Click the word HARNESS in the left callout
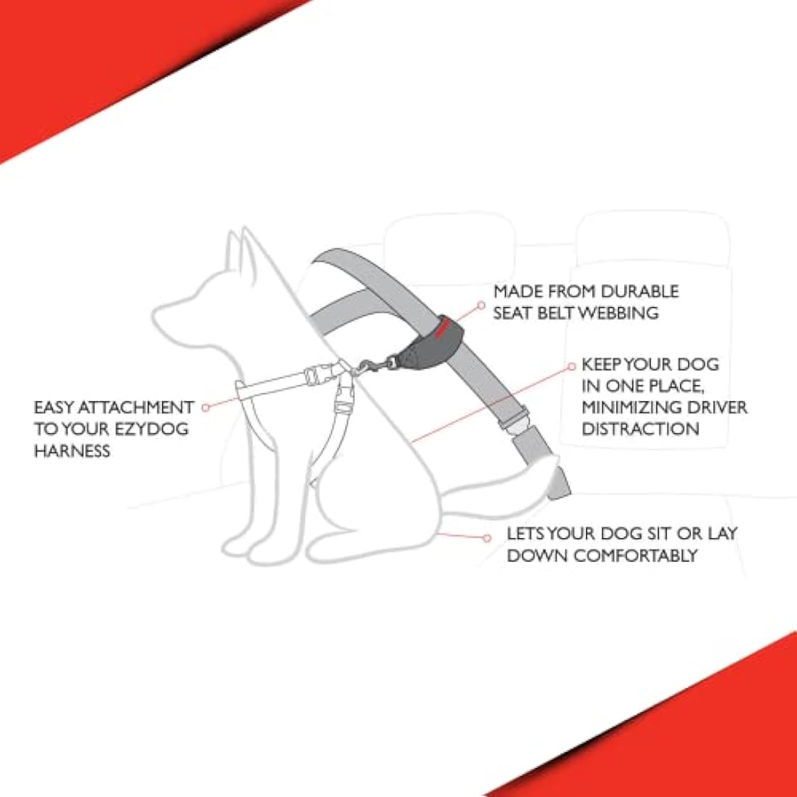tap(72, 451)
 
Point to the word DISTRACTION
tap(640, 429)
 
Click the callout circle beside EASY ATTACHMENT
tap(206, 407)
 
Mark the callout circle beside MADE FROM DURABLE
tap(480, 306)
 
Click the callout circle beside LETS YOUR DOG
tap(488, 538)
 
